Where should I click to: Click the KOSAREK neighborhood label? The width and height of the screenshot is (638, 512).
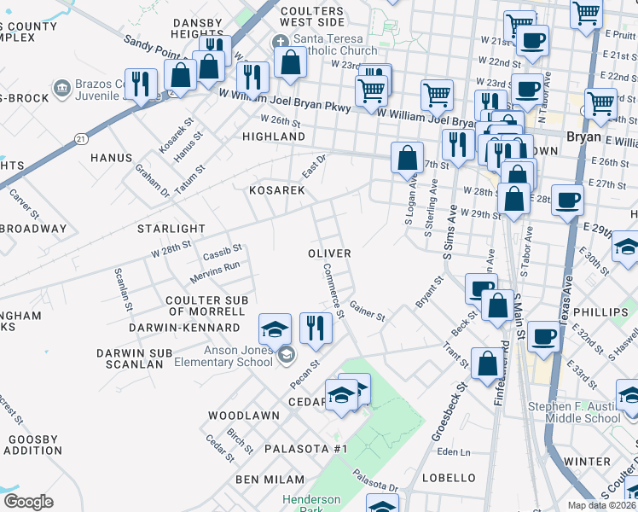click(x=276, y=190)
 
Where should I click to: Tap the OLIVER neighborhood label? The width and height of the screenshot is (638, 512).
click(x=329, y=253)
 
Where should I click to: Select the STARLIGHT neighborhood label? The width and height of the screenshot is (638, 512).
click(x=171, y=229)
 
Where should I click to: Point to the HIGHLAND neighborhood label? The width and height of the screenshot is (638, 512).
click(x=274, y=137)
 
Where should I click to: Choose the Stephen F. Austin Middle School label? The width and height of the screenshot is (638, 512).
click(x=574, y=412)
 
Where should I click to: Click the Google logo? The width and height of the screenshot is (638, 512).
click(x=28, y=502)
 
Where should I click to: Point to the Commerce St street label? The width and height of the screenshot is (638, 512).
click(x=333, y=290)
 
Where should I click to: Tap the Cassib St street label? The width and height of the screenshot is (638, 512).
click(x=223, y=253)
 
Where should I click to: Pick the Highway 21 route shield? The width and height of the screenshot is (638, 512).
click(x=80, y=137)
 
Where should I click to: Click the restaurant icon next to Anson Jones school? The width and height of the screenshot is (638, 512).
click(x=316, y=328)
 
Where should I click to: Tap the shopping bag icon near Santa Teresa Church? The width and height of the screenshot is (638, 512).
click(x=290, y=62)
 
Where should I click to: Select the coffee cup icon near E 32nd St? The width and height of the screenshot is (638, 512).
click(x=542, y=337)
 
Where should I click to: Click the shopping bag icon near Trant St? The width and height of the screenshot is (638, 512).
click(x=487, y=363)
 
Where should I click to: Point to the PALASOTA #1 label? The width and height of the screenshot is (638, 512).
click(x=306, y=449)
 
